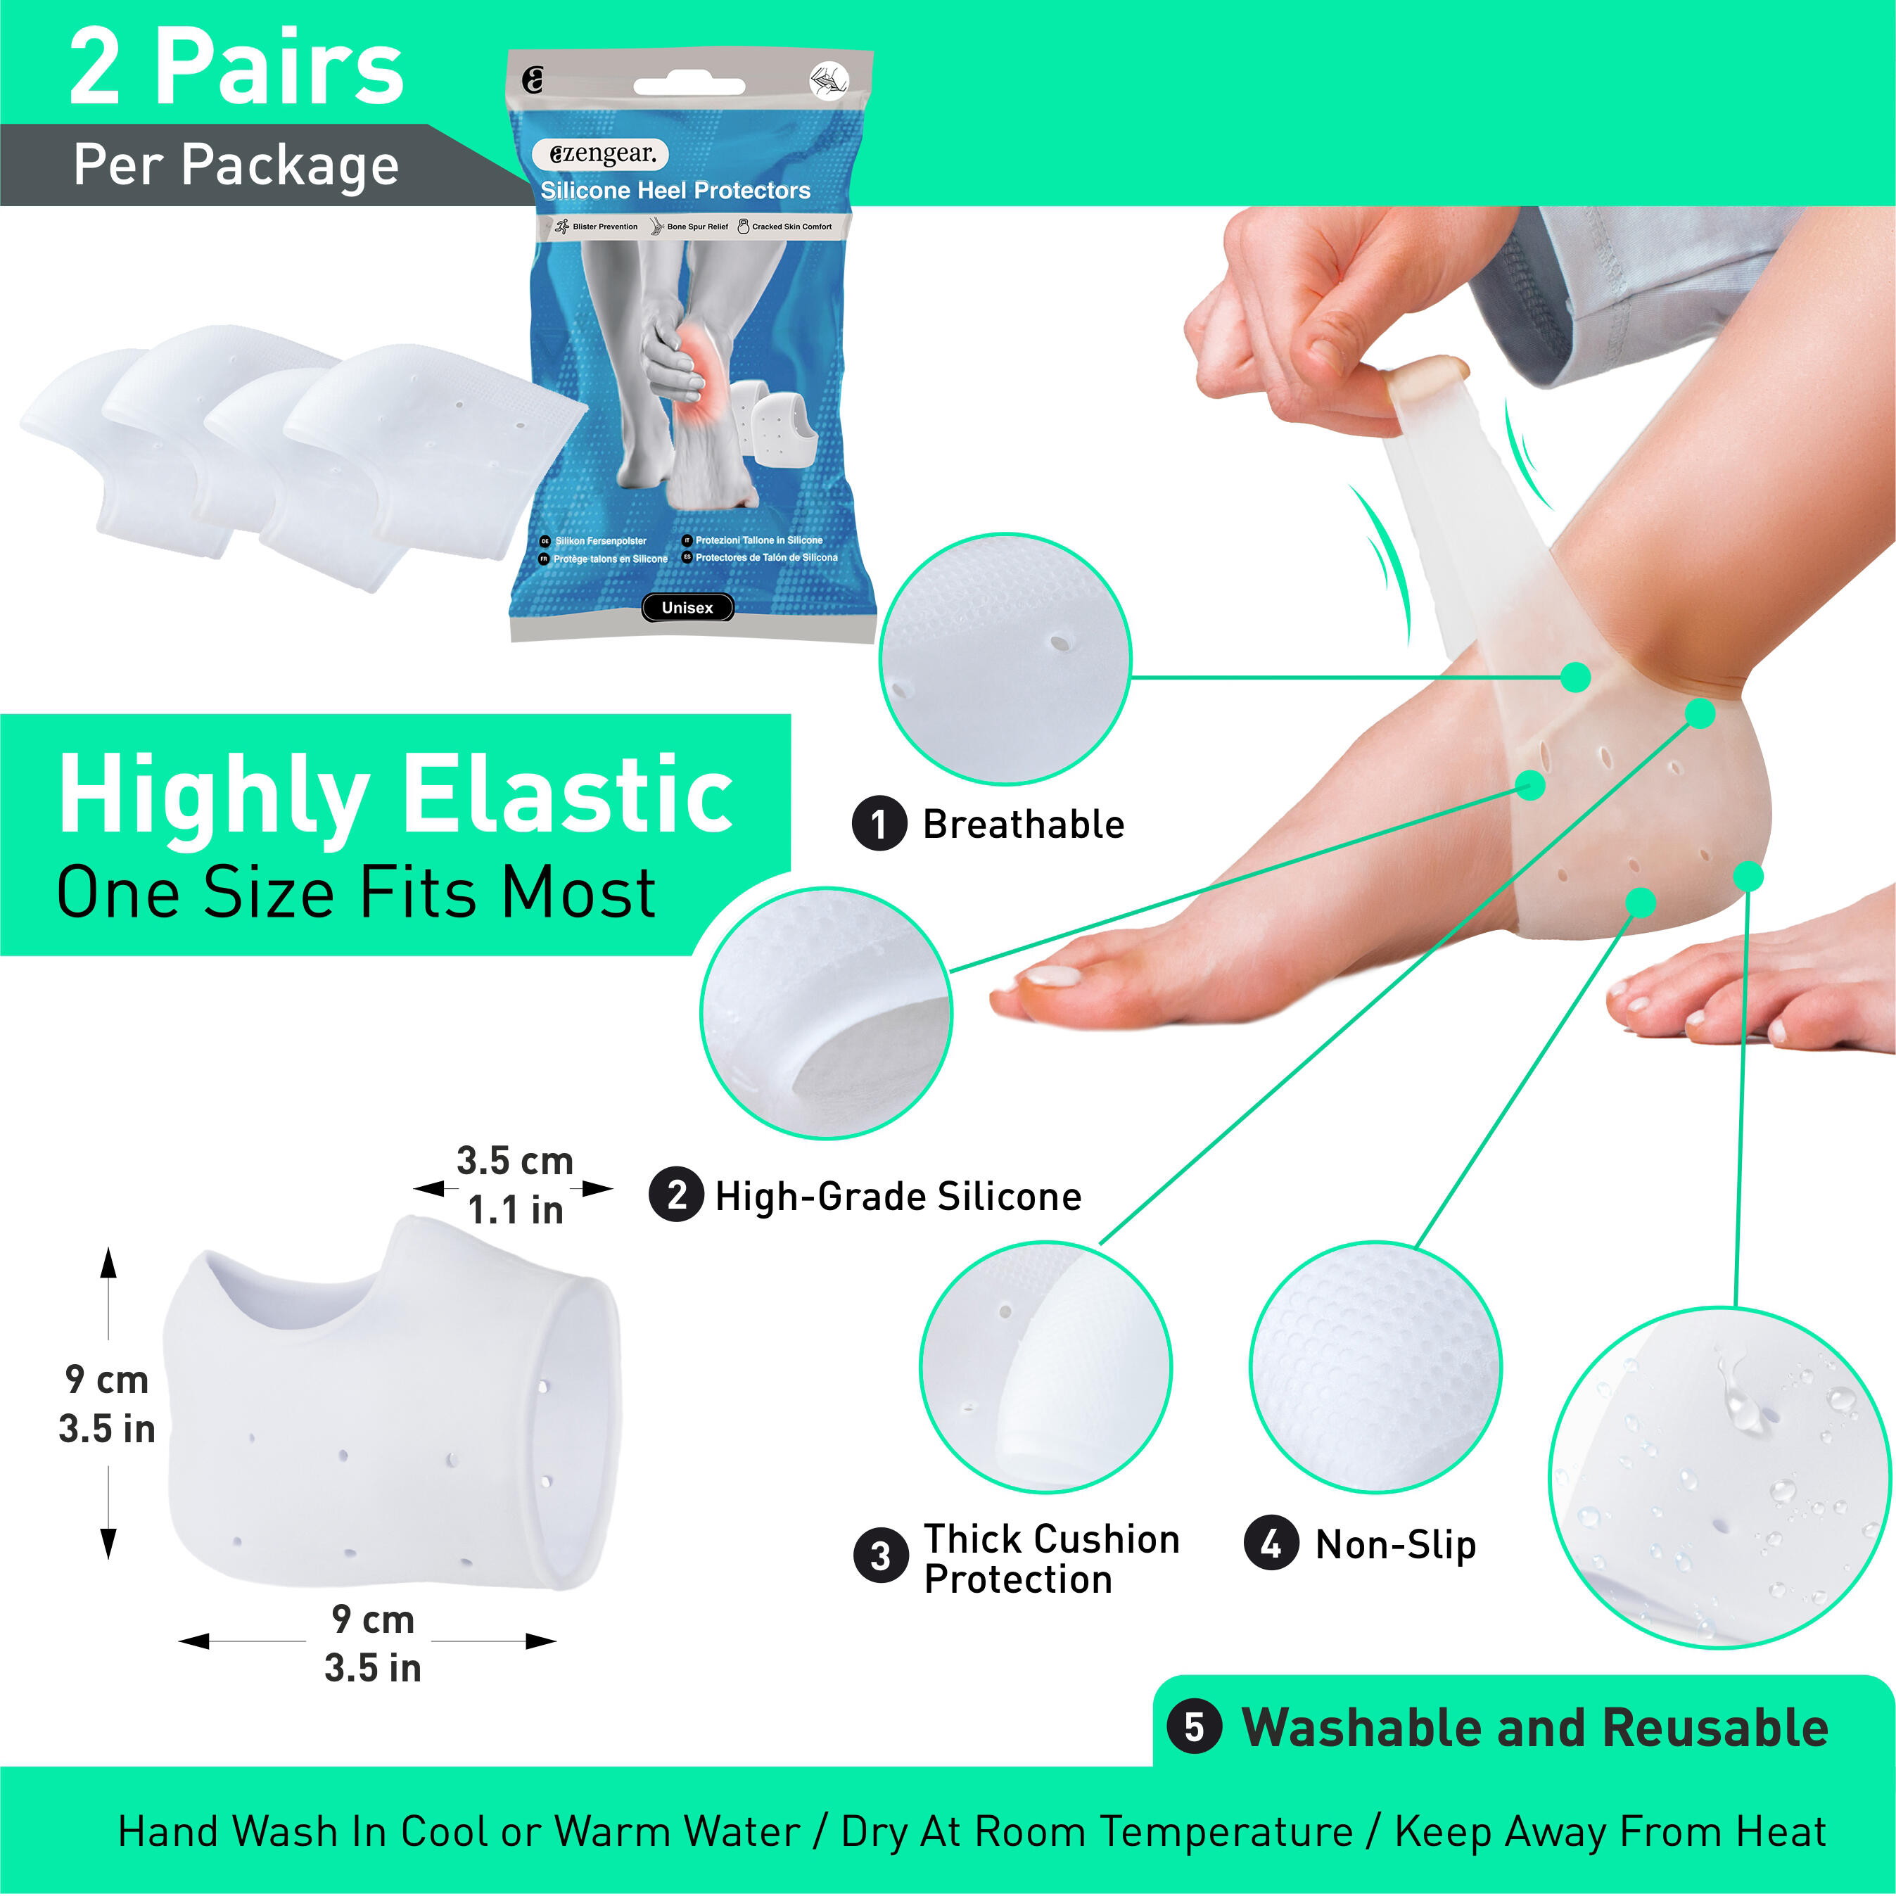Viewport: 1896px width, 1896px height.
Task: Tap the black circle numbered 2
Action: click(x=676, y=1195)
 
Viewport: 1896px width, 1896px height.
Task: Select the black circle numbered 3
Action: click(x=880, y=1556)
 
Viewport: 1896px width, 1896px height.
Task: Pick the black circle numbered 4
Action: click(x=1271, y=1544)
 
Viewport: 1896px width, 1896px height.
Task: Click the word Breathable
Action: click(x=1024, y=825)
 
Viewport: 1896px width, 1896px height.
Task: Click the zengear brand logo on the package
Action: click(x=602, y=154)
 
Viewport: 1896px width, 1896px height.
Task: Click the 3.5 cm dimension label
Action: click(x=514, y=1161)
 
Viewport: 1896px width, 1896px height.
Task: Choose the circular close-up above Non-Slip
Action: click(x=1374, y=1367)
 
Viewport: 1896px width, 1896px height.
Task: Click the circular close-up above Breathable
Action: click(x=1005, y=658)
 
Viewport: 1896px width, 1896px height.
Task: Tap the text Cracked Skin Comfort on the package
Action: click(x=791, y=227)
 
